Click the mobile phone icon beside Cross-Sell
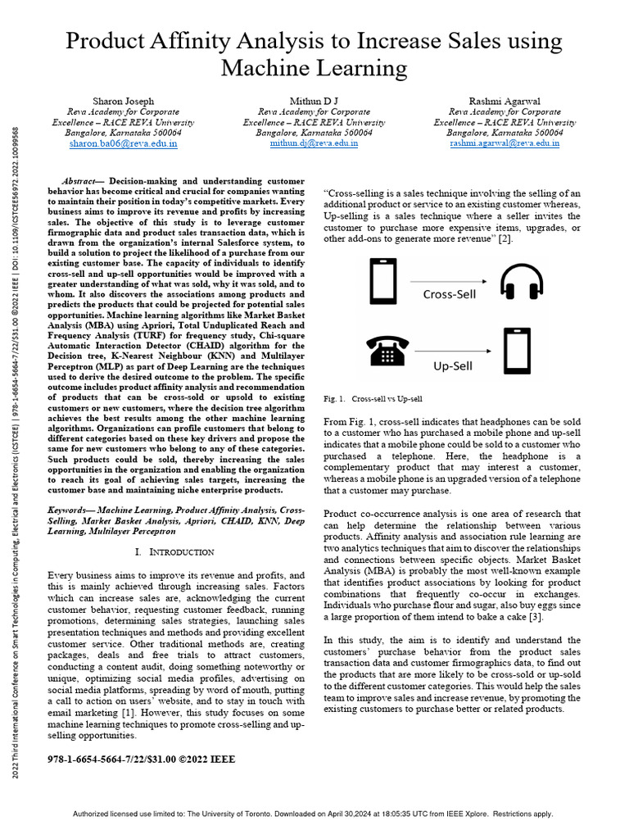point(384,282)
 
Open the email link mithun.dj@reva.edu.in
point(314,143)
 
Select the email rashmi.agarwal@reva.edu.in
point(505,143)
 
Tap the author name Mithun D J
point(314,101)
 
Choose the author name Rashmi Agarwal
point(505,101)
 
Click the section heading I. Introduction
point(174,552)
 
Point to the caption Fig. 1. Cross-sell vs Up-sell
point(373,399)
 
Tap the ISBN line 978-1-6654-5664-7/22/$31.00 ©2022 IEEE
point(142,760)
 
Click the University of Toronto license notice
point(314,814)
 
